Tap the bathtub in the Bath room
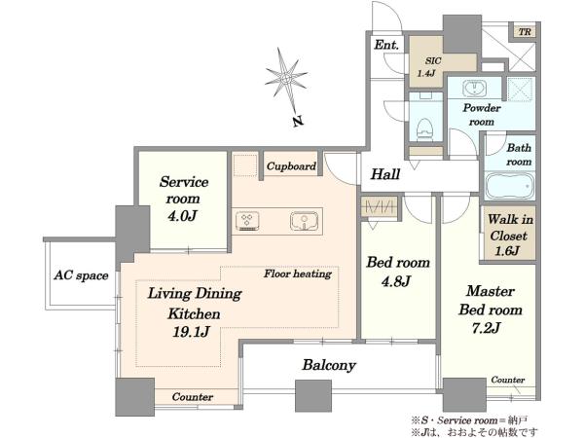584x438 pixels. (509, 186)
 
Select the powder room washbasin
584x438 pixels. (474, 89)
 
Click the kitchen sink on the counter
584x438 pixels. (305, 221)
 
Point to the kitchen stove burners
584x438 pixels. (247, 221)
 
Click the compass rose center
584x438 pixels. (286, 78)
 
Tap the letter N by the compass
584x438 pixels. (297, 121)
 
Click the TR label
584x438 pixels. (525, 32)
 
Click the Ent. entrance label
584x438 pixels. (386, 45)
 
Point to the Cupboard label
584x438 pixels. (291, 166)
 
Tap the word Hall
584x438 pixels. (385, 174)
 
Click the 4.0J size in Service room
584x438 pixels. (182, 215)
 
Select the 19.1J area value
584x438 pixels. (191, 331)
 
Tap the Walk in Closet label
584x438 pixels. (509, 235)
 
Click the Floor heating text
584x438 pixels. (298, 274)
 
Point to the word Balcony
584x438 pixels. (329, 365)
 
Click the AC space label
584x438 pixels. (81, 275)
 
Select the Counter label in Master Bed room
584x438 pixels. (508, 380)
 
